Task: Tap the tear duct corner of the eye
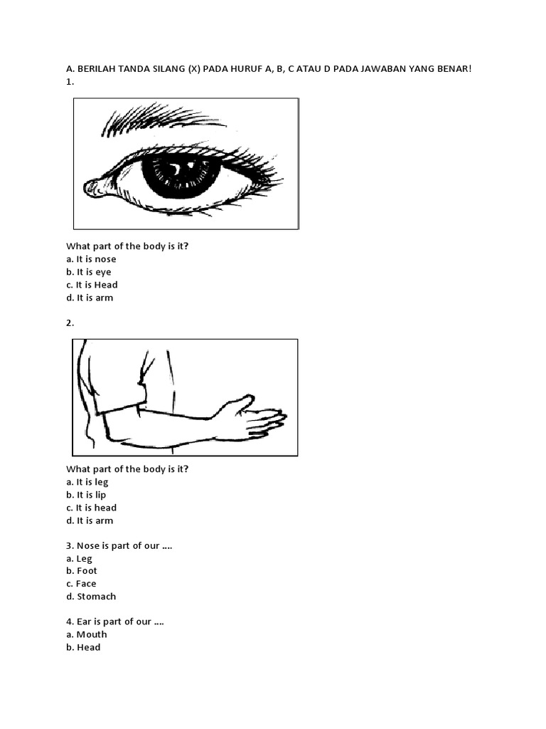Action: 93,187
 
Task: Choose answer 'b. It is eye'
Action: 89,272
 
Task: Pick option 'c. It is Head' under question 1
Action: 92,285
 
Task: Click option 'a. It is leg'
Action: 87,482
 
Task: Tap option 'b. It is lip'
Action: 87,495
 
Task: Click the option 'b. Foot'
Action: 82,571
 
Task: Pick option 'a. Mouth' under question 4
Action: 87,634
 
